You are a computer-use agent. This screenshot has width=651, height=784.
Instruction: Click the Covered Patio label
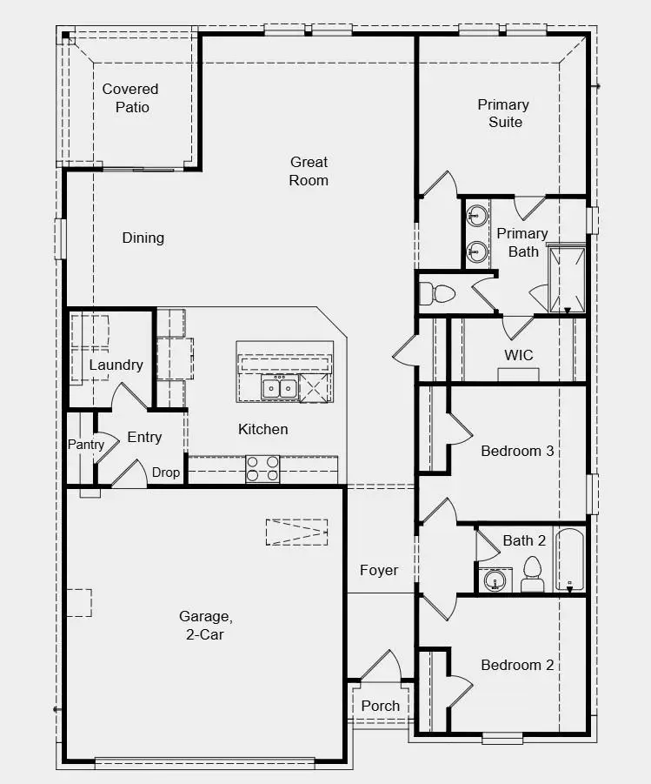130,98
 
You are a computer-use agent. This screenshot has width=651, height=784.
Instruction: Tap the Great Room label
309,171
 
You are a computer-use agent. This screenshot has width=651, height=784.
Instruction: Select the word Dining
143,238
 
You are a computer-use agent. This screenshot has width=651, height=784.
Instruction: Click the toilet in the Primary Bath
436,293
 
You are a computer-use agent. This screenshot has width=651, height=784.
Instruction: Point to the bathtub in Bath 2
569,560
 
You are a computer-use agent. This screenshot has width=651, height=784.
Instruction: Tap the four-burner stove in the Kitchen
262,469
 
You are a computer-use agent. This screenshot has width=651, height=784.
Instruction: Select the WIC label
519,355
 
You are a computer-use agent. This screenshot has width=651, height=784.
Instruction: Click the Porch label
381,706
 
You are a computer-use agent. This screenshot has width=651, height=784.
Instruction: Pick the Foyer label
379,570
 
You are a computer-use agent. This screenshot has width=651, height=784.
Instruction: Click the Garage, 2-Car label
206,625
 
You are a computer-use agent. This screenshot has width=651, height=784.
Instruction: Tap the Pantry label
86,445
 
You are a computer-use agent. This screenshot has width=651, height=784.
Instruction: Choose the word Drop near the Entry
166,472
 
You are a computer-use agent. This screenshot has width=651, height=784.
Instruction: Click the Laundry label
116,365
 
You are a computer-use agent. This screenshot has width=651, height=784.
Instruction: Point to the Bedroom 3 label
518,451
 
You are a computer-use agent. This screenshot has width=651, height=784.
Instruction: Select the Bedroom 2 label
518,665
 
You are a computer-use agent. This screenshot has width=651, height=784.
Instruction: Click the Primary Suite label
503,113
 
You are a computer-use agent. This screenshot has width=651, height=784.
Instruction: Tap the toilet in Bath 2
533,574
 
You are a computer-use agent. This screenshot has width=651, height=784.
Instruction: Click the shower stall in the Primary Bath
567,279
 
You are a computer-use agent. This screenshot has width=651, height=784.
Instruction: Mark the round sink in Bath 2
495,580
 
